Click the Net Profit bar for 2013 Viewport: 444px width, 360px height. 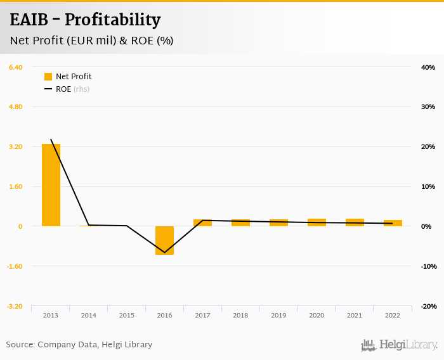pos(51,185)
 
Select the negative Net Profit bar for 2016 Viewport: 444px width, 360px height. pos(164,240)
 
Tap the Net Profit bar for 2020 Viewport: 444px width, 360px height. pos(317,222)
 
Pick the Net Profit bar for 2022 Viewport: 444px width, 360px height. pos(393,223)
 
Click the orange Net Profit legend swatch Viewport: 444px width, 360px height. pos(48,77)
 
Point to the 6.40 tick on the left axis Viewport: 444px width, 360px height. pos(15,67)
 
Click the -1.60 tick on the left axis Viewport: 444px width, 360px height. pos(15,266)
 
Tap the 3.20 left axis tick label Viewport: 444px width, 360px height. pos(15,146)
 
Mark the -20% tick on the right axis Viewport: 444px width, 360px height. pos(428,306)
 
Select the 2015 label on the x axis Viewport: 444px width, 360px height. pos(126,315)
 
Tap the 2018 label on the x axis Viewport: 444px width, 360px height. pos(240,315)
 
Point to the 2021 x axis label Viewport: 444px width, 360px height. pos(355,315)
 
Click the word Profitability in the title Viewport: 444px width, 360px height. pos(112,20)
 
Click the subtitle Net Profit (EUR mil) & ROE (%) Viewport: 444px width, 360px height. pos(92,41)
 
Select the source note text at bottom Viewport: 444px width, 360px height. pos(79,345)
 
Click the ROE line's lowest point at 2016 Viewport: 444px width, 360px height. pos(165,253)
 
